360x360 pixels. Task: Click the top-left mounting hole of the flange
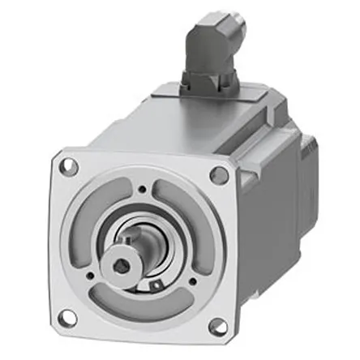coord(71,168)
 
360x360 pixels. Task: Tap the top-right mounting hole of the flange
coord(219,174)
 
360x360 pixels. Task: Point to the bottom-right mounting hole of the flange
coord(216,325)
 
